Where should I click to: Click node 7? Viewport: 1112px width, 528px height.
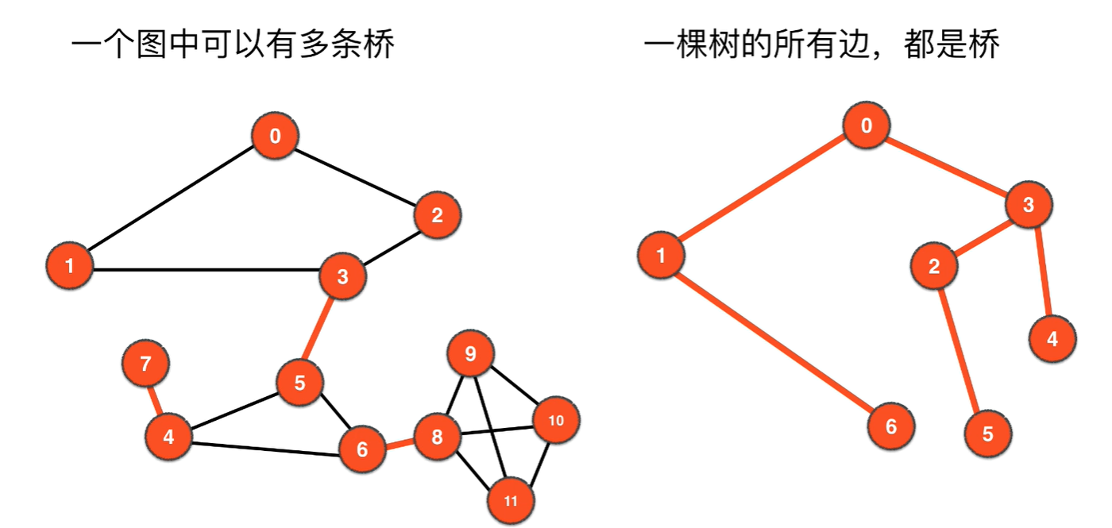(145, 364)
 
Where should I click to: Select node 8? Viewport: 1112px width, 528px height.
(436, 437)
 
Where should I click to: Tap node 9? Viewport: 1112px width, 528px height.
(470, 353)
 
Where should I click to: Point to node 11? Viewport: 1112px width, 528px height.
(511, 500)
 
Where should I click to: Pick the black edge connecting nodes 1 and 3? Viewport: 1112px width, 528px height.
(207, 270)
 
